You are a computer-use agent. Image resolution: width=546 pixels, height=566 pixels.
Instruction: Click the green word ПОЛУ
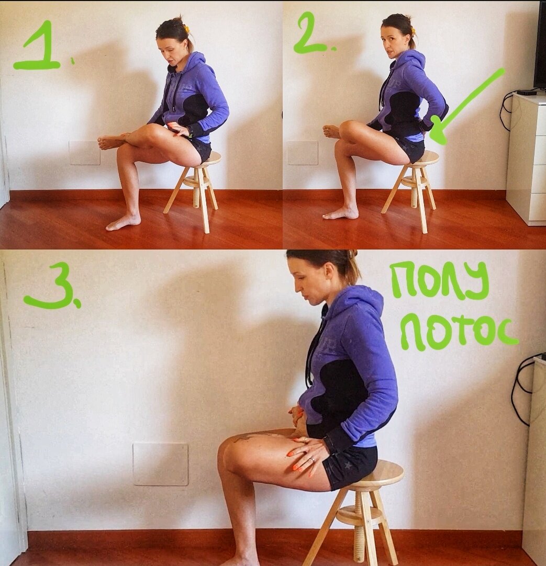point(440,280)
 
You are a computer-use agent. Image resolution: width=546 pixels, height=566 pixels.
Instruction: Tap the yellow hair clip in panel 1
point(187,28)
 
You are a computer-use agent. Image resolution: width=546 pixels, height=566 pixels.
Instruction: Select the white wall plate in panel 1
point(85,153)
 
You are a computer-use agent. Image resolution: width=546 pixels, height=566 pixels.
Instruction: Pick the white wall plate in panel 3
point(160,464)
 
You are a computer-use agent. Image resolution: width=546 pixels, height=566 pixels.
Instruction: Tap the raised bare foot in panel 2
point(331,131)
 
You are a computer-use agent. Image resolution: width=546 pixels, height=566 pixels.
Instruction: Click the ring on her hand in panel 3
point(311,459)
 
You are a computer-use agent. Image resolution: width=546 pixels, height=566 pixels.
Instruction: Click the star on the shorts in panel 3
point(348,465)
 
